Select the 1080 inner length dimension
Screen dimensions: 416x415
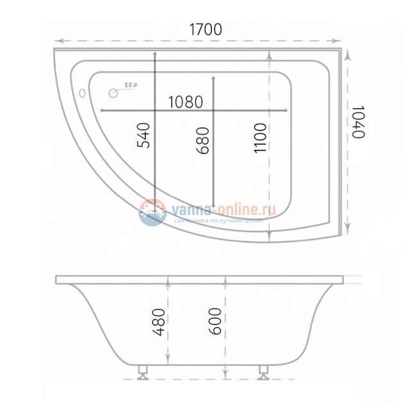click(x=186, y=102)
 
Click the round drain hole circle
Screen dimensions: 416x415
click(x=113, y=93)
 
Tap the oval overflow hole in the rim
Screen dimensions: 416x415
click(x=82, y=93)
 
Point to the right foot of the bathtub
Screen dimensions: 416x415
click(x=263, y=371)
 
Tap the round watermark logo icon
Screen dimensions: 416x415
click(x=152, y=212)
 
